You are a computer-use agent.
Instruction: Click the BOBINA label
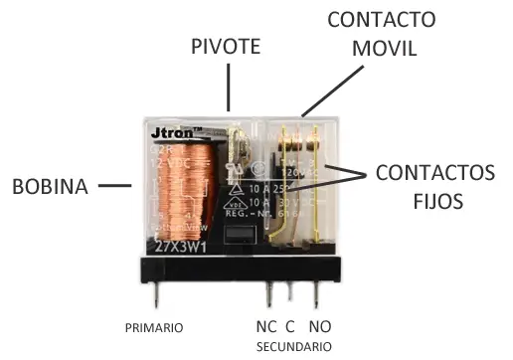point(53,185)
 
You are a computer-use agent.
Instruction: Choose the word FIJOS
point(435,201)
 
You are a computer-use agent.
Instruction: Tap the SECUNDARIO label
point(293,346)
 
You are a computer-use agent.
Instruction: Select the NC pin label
point(266,326)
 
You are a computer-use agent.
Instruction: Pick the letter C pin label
point(291,326)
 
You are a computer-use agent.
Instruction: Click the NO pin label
point(319,326)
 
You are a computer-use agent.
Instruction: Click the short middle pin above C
point(290,289)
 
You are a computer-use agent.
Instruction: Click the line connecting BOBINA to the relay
point(118,185)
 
